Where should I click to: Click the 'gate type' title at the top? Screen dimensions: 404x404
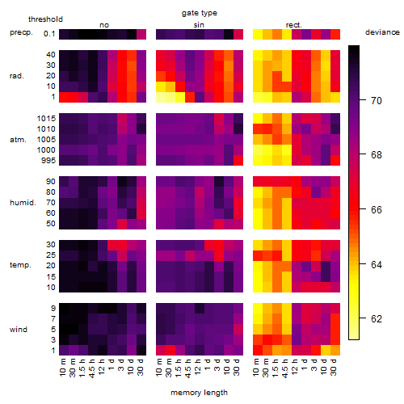point(200,13)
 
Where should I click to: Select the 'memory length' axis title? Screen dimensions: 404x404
point(199,393)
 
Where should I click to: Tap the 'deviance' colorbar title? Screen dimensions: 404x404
point(382,32)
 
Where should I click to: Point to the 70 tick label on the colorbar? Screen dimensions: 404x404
point(377,101)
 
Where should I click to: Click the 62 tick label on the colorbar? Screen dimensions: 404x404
point(377,319)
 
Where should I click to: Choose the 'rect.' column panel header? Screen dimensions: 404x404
point(293,25)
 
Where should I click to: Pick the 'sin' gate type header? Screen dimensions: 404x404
point(199,25)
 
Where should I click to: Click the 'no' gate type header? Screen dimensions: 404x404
point(104,25)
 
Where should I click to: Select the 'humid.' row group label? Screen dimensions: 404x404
point(23,203)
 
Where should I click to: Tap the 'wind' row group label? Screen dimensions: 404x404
point(19,330)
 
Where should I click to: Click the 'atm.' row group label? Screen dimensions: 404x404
point(18,140)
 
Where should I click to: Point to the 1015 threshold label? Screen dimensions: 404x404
point(46,119)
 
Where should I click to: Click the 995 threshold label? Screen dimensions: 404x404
point(48,161)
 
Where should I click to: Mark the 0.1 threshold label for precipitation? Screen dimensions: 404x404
point(49,34)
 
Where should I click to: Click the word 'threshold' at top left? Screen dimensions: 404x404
point(45,19)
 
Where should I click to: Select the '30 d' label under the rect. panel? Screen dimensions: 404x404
point(334,367)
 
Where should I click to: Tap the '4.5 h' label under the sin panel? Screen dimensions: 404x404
point(188,368)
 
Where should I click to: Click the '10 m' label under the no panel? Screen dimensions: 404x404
point(62,368)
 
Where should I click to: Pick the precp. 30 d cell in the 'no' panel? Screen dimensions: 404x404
point(141,34)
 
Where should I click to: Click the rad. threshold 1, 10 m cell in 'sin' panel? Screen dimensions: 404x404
point(161,97)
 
